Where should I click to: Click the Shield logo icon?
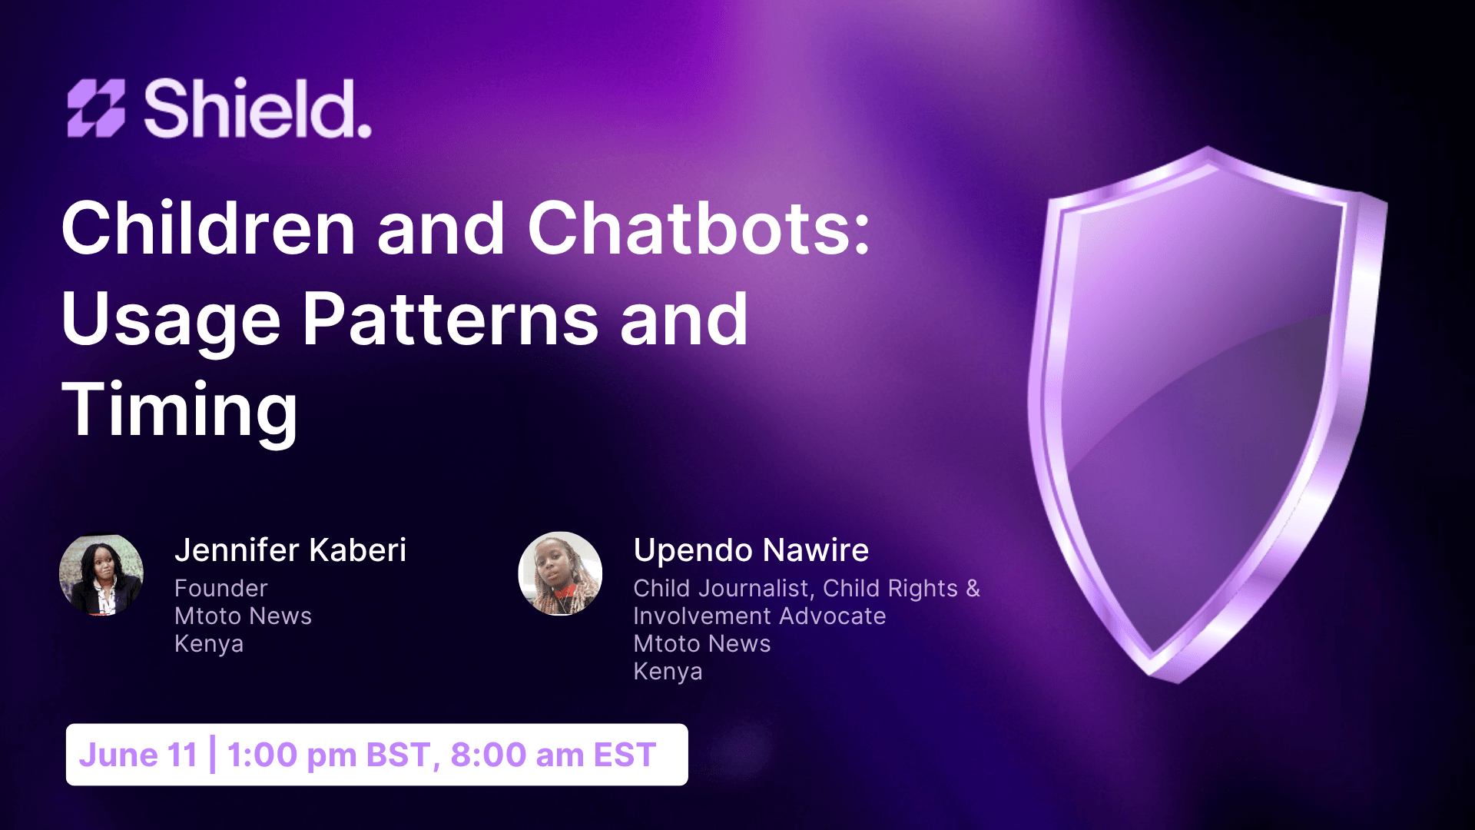click(x=96, y=108)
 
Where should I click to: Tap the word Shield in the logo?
click(x=257, y=108)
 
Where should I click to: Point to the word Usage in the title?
click(x=171, y=321)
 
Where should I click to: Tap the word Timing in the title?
click(x=180, y=412)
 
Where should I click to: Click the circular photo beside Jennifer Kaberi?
click(x=101, y=574)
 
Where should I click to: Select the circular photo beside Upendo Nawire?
click(x=560, y=574)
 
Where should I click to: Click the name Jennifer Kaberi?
click(x=290, y=550)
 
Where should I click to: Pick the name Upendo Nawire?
click(x=751, y=550)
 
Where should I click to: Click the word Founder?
click(x=221, y=589)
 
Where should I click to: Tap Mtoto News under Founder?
click(x=244, y=616)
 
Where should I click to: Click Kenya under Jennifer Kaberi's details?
click(x=209, y=645)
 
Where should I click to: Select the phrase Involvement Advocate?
click(x=760, y=616)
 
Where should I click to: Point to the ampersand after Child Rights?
click(x=973, y=589)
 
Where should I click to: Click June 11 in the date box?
click(x=138, y=755)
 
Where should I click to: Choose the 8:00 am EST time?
click(x=553, y=755)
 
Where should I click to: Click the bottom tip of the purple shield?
click(x=1174, y=681)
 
